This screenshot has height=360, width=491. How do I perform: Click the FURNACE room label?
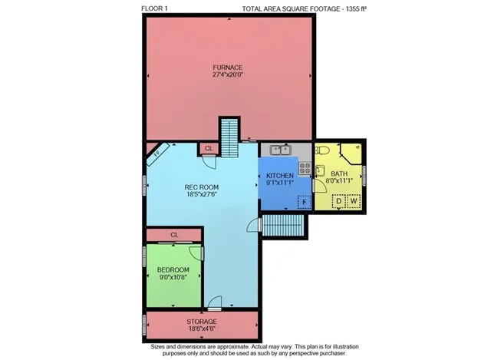click(228, 68)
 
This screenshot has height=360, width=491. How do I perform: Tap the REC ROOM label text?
click(201, 187)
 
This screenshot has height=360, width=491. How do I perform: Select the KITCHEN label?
click(280, 176)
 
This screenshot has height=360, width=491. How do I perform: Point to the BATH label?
click(339, 173)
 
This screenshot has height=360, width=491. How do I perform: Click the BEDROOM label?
click(173, 269)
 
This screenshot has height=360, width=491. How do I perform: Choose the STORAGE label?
click(202, 322)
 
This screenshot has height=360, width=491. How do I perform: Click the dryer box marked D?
click(338, 201)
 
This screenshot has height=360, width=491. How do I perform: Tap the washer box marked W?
click(354, 201)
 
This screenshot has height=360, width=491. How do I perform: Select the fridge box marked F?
click(304, 202)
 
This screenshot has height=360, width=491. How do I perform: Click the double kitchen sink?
click(281, 150)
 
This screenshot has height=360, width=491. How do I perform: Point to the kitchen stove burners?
click(305, 168)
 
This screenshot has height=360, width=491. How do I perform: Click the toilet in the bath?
click(321, 150)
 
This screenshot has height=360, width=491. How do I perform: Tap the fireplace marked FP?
click(158, 154)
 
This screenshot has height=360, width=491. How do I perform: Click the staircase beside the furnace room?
click(229, 137)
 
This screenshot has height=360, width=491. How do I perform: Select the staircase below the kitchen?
click(283, 225)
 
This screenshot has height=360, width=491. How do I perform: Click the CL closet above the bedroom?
click(174, 235)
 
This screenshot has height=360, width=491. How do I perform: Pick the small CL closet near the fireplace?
click(209, 148)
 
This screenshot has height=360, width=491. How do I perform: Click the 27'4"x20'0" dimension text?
click(228, 75)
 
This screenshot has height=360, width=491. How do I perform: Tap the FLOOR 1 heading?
click(154, 8)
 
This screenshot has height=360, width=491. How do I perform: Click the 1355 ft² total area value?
click(356, 8)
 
